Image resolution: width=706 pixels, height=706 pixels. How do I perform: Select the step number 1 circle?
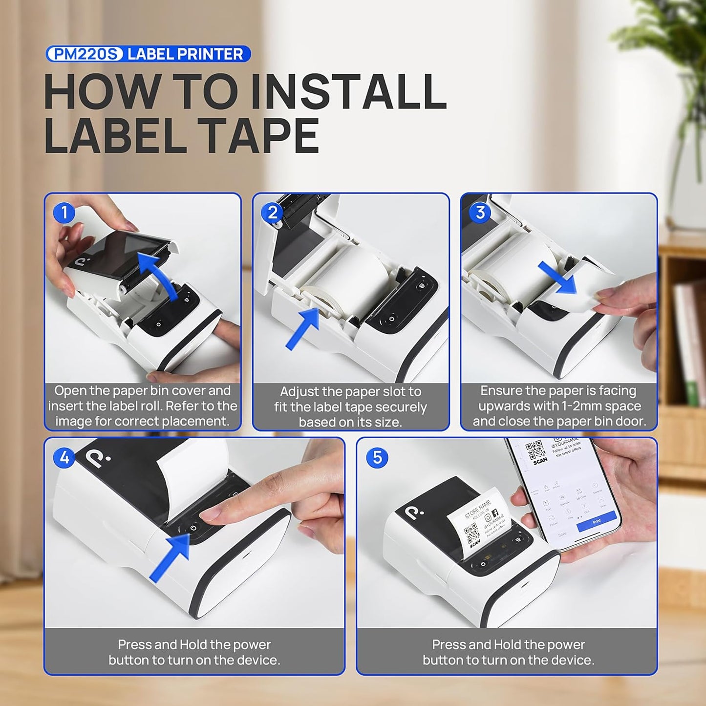coord(64,213)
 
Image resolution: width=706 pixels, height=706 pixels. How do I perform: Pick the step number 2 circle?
coord(272,213)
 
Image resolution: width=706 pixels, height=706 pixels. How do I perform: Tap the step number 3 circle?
coord(480,213)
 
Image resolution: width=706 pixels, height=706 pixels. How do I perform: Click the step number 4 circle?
coord(64,458)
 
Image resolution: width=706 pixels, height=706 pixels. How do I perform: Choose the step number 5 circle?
coord(377,458)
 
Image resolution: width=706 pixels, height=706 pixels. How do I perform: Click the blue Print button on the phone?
coord(597,522)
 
